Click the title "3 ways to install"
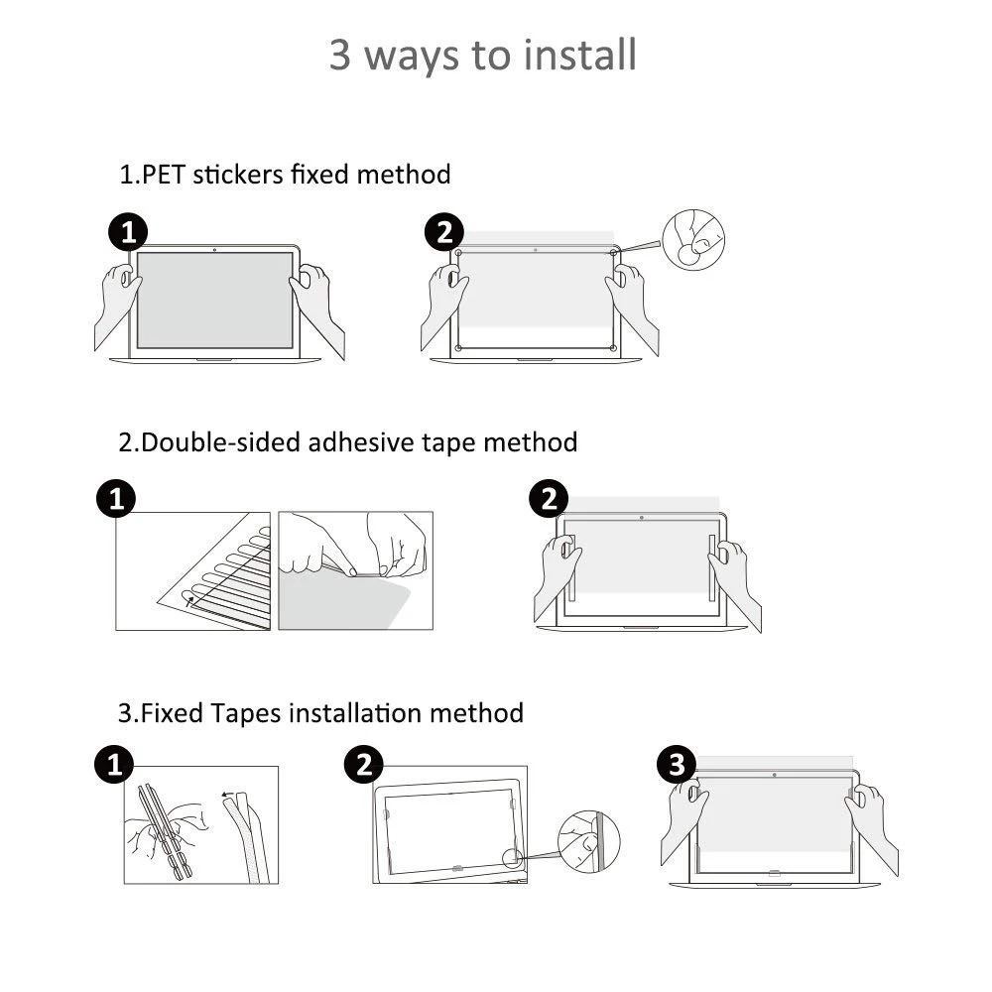[483, 55]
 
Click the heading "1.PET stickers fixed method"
[285, 175]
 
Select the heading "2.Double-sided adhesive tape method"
[347, 441]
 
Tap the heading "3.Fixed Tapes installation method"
[320, 712]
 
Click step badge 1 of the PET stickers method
[127, 234]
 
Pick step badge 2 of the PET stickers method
[443, 234]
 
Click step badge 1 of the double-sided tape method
[116, 499]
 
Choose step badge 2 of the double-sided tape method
[549, 499]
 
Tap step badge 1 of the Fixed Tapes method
[114, 765]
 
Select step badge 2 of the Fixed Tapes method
[364, 765]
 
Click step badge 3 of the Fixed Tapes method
[677, 765]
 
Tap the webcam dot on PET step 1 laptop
[215, 248]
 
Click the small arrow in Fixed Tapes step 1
[228, 794]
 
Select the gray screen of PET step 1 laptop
[215, 300]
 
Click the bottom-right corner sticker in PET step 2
[612, 347]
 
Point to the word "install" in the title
[579, 55]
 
